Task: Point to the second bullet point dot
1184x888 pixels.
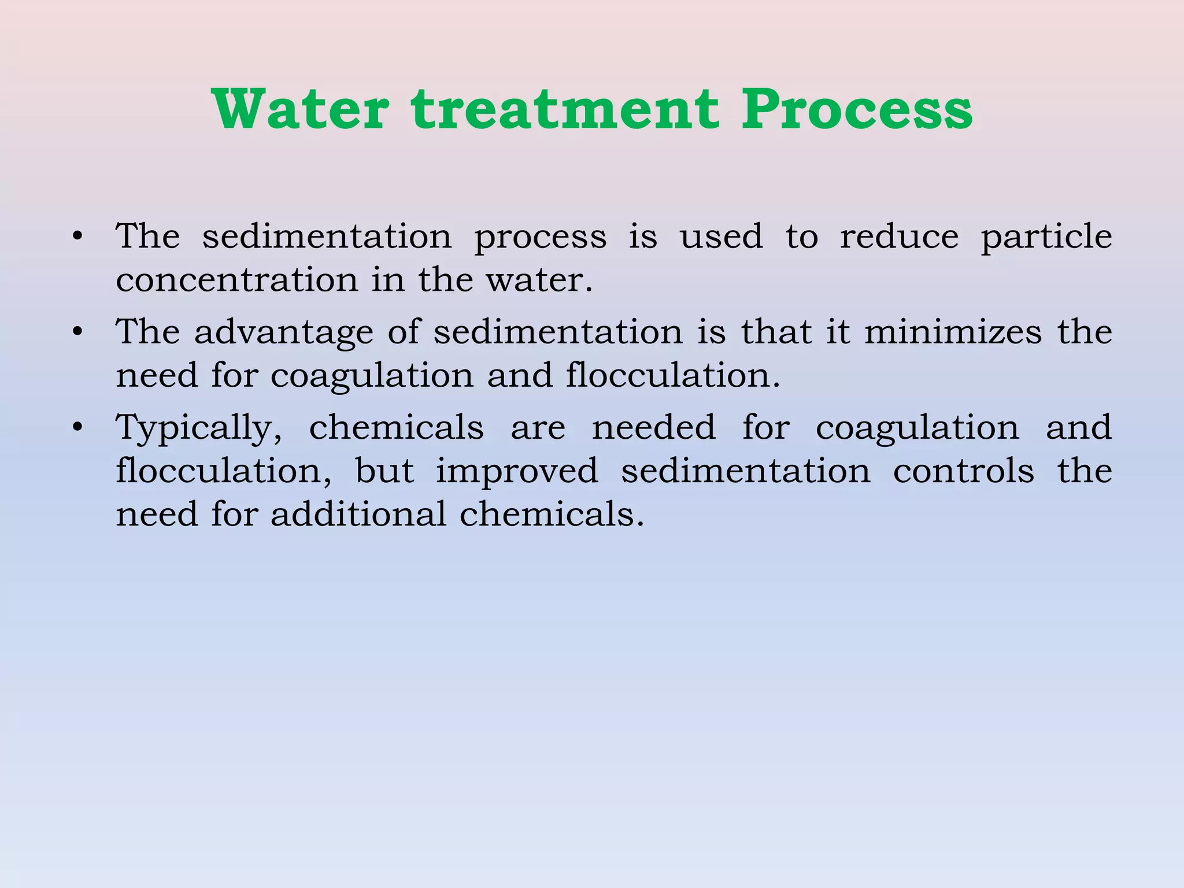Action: tap(77, 332)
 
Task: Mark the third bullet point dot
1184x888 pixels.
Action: tap(77, 427)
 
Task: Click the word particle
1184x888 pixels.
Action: tap(1046, 237)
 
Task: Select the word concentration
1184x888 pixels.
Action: tap(237, 280)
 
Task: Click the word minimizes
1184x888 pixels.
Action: tap(953, 332)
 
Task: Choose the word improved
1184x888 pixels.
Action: tap(517, 472)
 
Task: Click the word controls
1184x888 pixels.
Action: tap(963, 471)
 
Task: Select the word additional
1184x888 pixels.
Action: tap(358, 513)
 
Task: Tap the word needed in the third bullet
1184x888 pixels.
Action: tap(653, 427)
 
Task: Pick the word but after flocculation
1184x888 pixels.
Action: tap(384, 471)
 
